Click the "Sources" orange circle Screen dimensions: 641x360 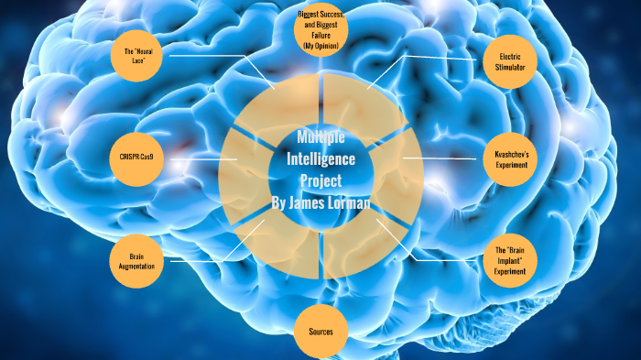pyautogui.click(x=321, y=331)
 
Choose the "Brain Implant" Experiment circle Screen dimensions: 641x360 pyautogui.click(x=510, y=259)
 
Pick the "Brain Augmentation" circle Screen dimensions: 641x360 pyautogui.click(x=136, y=260)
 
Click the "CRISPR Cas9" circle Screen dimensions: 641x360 pyautogui.click(x=136, y=158)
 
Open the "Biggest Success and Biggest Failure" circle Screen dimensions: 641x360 pyautogui.click(x=320, y=30)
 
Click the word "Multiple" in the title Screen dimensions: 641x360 pyautogui.click(x=320, y=137)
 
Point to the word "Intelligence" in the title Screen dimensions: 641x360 pyautogui.click(x=320, y=158)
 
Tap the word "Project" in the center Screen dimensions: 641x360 pyautogui.click(x=320, y=180)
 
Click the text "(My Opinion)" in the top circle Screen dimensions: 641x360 pyautogui.click(x=320, y=45)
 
